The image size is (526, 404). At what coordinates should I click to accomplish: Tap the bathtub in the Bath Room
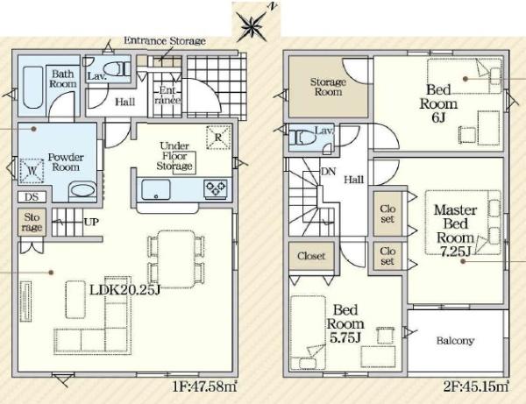[x=33, y=87]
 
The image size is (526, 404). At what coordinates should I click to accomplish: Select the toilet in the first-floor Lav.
[x=116, y=69]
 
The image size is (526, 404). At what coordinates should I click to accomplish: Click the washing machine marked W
[x=32, y=171]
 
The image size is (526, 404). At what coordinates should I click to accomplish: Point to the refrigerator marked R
[x=218, y=137]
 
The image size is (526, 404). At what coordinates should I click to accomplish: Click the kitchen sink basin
[x=156, y=189]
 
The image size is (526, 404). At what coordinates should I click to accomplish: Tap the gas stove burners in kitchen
[x=216, y=188]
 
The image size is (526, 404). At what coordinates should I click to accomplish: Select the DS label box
[x=32, y=197]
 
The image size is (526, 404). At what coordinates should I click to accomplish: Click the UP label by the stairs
[x=91, y=222]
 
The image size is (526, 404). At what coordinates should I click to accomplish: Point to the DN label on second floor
[x=328, y=172]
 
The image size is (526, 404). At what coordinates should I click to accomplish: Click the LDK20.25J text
[x=124, y=290]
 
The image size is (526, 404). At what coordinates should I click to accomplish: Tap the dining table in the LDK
[x=176, y=259]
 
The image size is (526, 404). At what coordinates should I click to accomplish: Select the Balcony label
[x=455, y=341]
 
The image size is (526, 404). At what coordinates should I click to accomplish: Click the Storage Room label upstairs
[x=328, y=87]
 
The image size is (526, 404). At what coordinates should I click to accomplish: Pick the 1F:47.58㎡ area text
[x=204, y=386]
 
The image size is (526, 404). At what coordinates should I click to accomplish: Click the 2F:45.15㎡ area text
[x=475, y=386]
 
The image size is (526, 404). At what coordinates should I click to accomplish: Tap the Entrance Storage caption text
[x=165, y=41]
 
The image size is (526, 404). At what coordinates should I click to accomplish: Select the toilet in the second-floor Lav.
[x=304, y=137]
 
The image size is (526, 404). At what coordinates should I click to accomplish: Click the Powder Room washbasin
[x=82, y=190]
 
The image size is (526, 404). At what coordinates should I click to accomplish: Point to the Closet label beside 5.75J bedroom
[x=311, y=256]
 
